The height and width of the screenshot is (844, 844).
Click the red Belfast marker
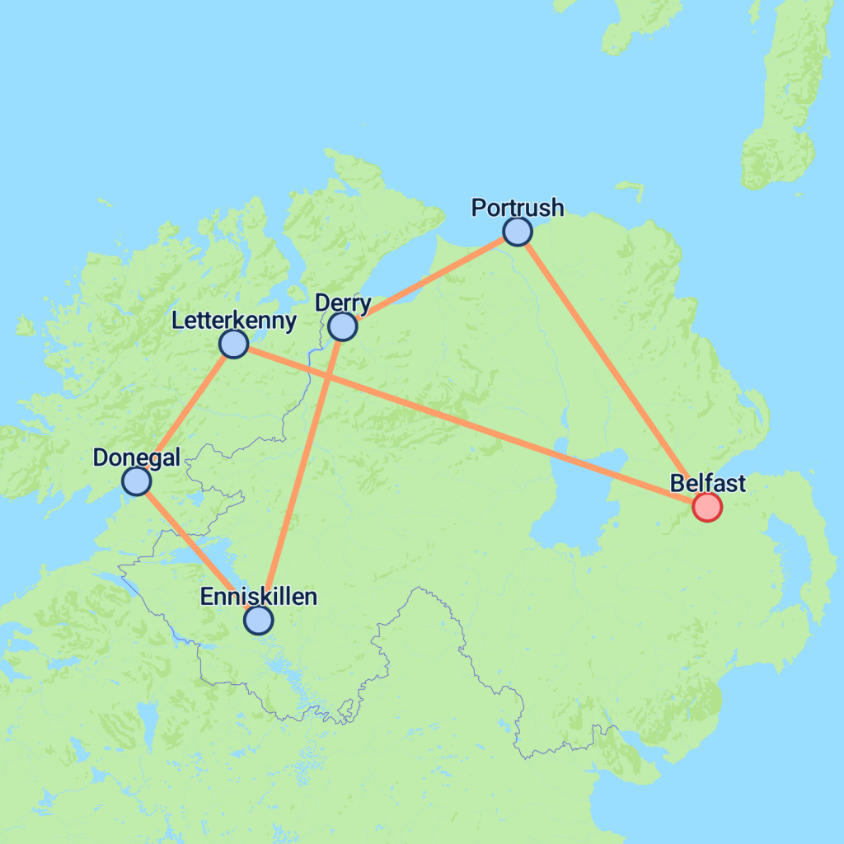coord(706,506)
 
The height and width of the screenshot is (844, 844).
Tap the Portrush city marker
coord(517,232)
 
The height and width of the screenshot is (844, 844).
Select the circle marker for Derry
coord(342,326)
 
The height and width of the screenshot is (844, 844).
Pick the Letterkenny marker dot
coord(234,344)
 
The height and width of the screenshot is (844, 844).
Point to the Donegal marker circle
coord(136,481)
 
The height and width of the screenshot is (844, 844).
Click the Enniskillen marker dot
coord(259,620)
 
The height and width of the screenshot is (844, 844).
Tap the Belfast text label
coord(708,483)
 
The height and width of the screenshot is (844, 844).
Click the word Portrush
coord(518,208)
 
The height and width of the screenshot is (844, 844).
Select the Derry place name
coord(344,303)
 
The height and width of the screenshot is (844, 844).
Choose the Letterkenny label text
coord(234,321)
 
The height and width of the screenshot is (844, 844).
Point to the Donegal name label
coord(137,457)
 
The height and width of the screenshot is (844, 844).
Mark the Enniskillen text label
coord(259,597)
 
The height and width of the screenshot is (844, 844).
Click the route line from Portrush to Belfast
coord(612,369)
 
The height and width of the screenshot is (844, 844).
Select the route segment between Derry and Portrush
coord(429,279)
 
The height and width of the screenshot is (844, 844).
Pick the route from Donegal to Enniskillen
coord(198,551)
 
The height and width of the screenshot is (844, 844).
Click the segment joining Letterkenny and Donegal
coord(185,412)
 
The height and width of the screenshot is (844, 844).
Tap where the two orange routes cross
coord(328,376)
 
